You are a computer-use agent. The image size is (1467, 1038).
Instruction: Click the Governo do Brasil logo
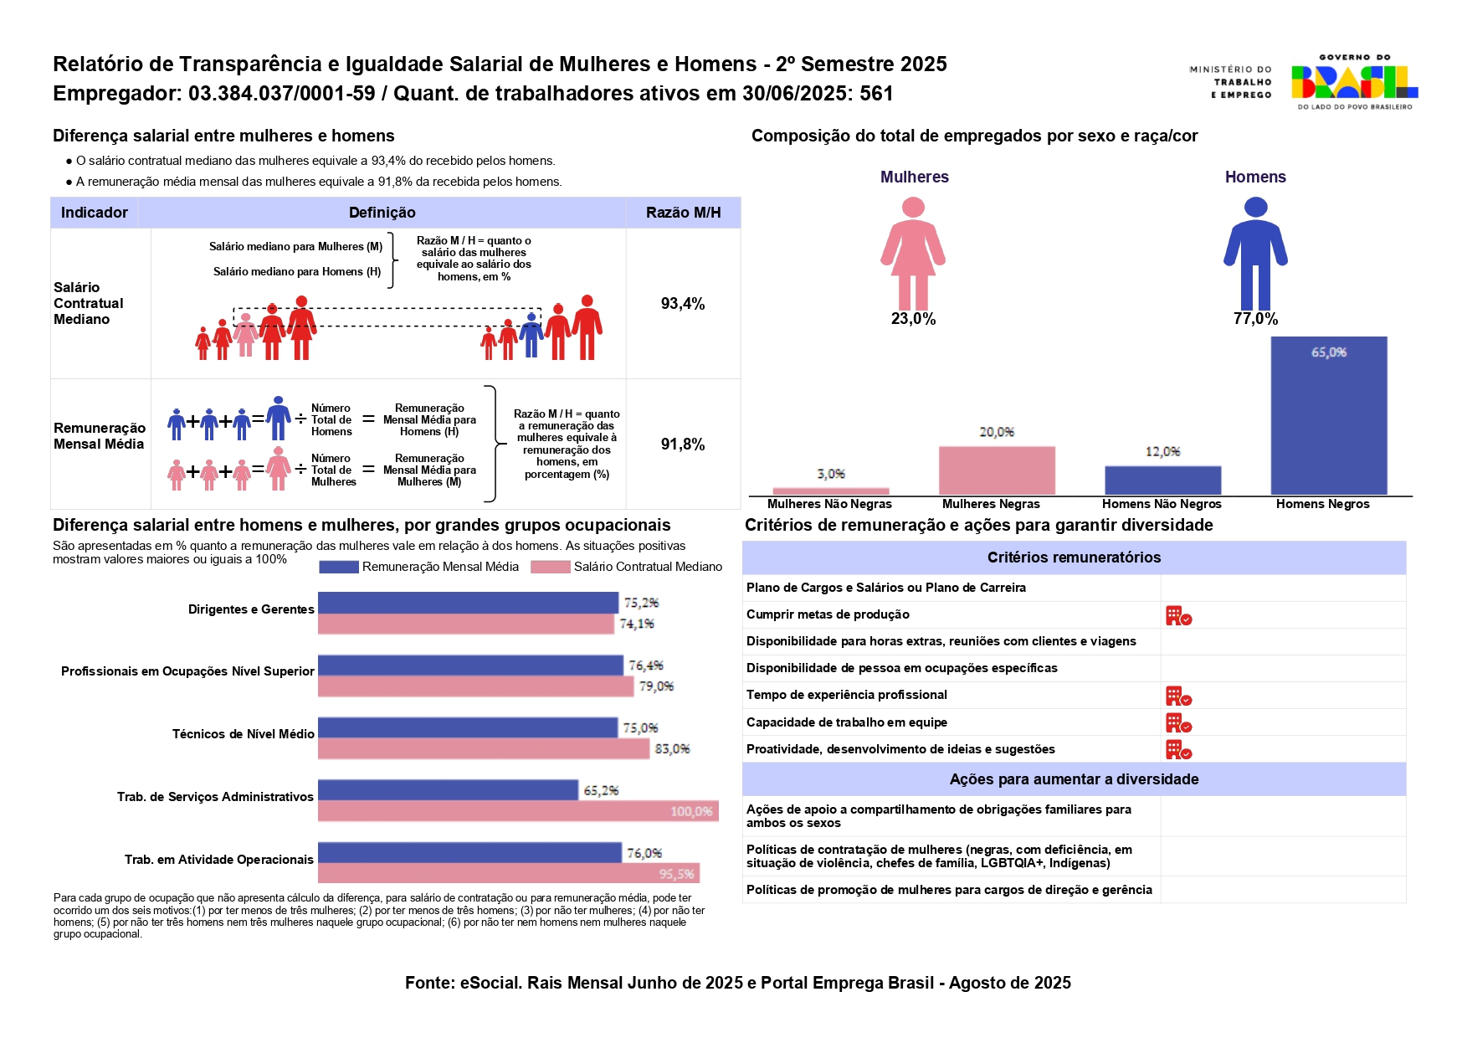click(x=1353, y=82)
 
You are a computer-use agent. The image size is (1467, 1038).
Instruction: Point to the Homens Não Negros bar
click(x=1162, y=480)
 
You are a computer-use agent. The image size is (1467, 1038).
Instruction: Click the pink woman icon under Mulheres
click(x=913, y=253)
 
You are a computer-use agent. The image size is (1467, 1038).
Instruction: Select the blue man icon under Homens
click(x=1255, y=253)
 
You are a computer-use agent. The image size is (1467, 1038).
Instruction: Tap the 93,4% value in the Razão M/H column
click(x=683, y=304)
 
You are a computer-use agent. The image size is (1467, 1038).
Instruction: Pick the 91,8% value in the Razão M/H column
click(x=683, y=444)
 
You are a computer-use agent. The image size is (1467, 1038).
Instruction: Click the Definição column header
click(x=382, y=213)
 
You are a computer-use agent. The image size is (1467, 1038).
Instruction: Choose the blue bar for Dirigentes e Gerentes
click(x=468, y=603)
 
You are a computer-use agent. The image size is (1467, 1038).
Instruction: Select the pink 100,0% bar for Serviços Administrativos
click(x=518, y=811)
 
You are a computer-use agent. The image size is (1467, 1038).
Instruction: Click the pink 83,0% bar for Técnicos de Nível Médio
click(x=483, y=749)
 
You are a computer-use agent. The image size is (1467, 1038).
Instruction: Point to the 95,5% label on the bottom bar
click(x=676, y=874)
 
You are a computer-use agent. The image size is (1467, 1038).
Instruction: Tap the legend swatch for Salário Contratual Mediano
click(x=551, y=567)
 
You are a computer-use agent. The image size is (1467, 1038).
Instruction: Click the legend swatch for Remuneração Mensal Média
click(x=339, y=567)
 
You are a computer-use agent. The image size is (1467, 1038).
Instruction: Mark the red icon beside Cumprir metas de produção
click(x=1178, y=616)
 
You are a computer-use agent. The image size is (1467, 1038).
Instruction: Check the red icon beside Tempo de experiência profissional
click(x=1178, y=696)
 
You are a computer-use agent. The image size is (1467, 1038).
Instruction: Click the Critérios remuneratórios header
click(x=1074, y=558)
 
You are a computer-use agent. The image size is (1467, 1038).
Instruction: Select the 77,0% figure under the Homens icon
click(x=1255, y=319)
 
